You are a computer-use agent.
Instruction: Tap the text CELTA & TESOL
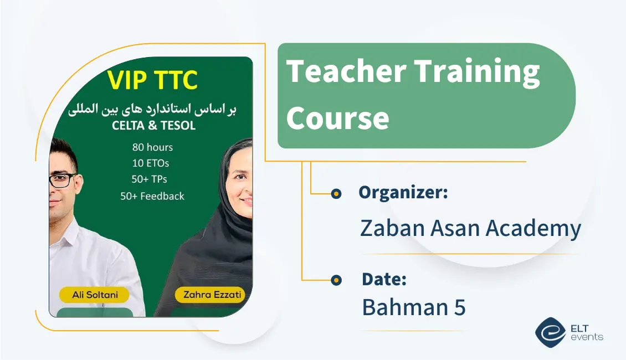click(x=153, y=125)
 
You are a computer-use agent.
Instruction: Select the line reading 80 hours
click(x=152, y=147)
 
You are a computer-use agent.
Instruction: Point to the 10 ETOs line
click(x=151, y=163)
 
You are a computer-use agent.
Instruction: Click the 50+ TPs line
click(x=150, y=179)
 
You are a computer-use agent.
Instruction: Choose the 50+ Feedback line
click(x=152, y=196)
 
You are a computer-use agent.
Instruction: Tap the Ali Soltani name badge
click(x=95, y=295)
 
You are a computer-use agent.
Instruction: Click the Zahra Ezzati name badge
click(x=211, y=295)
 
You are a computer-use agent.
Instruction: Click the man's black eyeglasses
click(x=62, y=181)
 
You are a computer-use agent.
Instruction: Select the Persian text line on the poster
click(x=152, y=109)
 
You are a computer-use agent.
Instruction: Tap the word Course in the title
click(x=338, y=118)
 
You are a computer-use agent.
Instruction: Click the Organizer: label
click(x=403, y=192)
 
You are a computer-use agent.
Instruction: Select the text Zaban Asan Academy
click(x=470, y=228)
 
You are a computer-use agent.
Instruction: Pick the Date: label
click(x=384, y=279)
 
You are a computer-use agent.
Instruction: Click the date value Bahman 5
click(x=414, y=307)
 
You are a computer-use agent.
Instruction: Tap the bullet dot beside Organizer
click(x=336, y=194)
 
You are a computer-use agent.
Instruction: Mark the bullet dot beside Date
click(x=336, y=280)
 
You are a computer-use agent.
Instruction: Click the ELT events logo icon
click(x=551, y=332)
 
